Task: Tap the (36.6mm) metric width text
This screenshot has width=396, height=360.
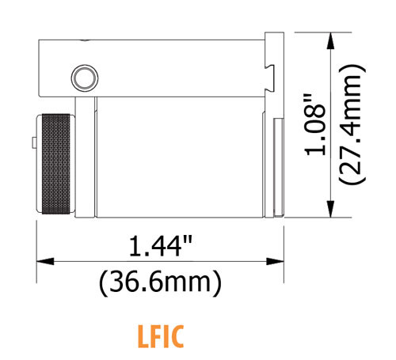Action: coord(158,280)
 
